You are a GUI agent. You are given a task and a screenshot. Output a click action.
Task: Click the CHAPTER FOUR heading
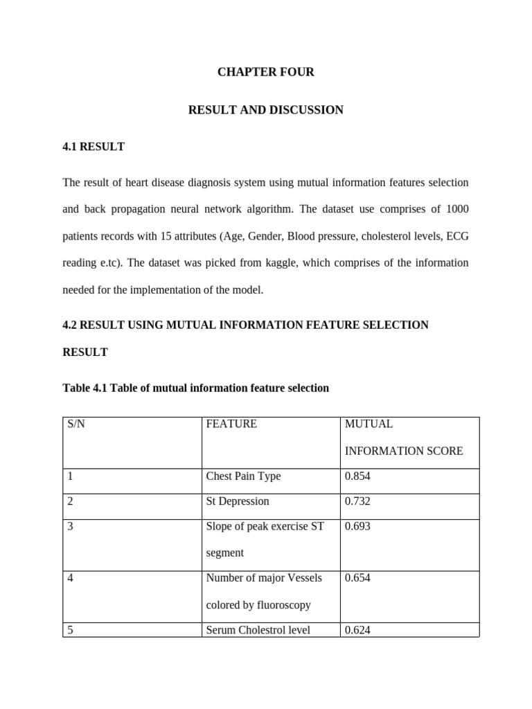(265, 72)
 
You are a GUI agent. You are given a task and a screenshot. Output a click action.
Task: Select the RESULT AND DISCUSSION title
(265, 110)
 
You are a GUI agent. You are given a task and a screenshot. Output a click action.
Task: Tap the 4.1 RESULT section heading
(94, 147)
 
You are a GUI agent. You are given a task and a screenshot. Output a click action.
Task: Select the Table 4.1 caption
(195, 388)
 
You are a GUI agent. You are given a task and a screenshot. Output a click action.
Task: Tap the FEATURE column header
(231, 424)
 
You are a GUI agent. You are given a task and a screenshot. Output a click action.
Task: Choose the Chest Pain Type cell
(243, 476)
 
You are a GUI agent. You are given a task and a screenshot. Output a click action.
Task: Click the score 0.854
(357, 476)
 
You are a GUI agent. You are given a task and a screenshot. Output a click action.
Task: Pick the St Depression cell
(238, 501)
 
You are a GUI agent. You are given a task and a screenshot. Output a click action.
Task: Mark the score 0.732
(357, 501)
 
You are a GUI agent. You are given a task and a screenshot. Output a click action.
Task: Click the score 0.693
(357, 526)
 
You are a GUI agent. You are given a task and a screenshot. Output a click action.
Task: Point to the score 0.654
(357, 578)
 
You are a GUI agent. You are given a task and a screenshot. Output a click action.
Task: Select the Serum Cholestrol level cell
(258, 630)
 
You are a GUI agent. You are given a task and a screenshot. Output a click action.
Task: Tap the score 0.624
(357, 630)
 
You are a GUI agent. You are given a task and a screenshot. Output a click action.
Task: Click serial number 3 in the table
(71, 526)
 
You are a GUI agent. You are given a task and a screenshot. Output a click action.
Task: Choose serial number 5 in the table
(71, 630)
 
